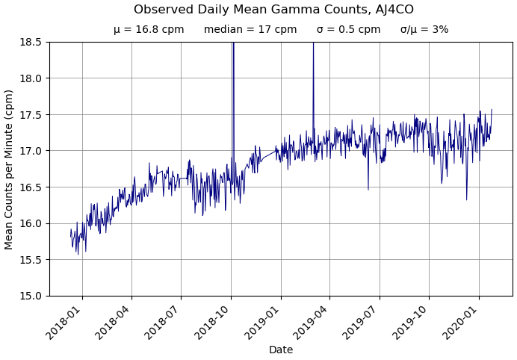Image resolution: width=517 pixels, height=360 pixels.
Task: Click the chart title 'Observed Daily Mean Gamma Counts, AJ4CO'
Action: coord(273,10)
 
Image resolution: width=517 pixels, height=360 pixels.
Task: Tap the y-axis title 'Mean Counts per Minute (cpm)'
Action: coord(9,169)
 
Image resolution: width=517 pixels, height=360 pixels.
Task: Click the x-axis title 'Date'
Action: coord(281,350)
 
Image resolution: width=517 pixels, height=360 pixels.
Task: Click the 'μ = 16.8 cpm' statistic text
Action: coord(149,30)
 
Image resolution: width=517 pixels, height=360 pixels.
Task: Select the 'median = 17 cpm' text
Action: coord(250,30)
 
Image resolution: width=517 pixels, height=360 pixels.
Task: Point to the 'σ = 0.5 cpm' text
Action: coord(348,30)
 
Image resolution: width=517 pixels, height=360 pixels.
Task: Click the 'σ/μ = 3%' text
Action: coord(424,30)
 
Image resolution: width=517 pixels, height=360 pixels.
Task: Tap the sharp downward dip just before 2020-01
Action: coord(467,198)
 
